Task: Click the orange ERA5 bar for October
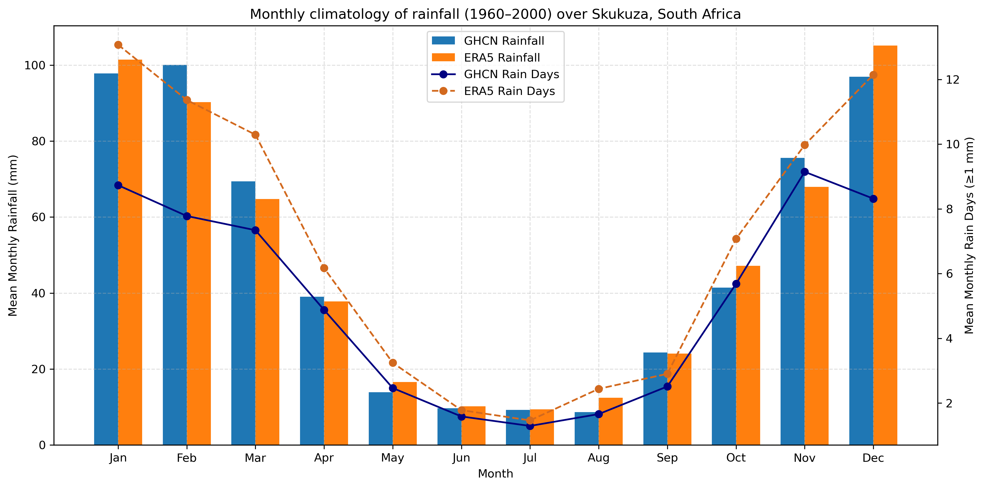pos(748,355)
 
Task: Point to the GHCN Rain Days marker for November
pos(805,172)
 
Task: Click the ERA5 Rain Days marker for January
pos(118,45)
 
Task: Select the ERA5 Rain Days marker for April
pos(324,268)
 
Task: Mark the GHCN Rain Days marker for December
pos(873,199)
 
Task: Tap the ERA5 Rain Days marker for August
pos(599,389)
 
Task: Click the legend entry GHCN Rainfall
pos(503,41)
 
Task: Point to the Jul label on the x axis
pos(530,458)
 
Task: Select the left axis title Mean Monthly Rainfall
pos(13,236)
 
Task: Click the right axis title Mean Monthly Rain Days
pos(969,236)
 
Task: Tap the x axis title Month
pos(495,474)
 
